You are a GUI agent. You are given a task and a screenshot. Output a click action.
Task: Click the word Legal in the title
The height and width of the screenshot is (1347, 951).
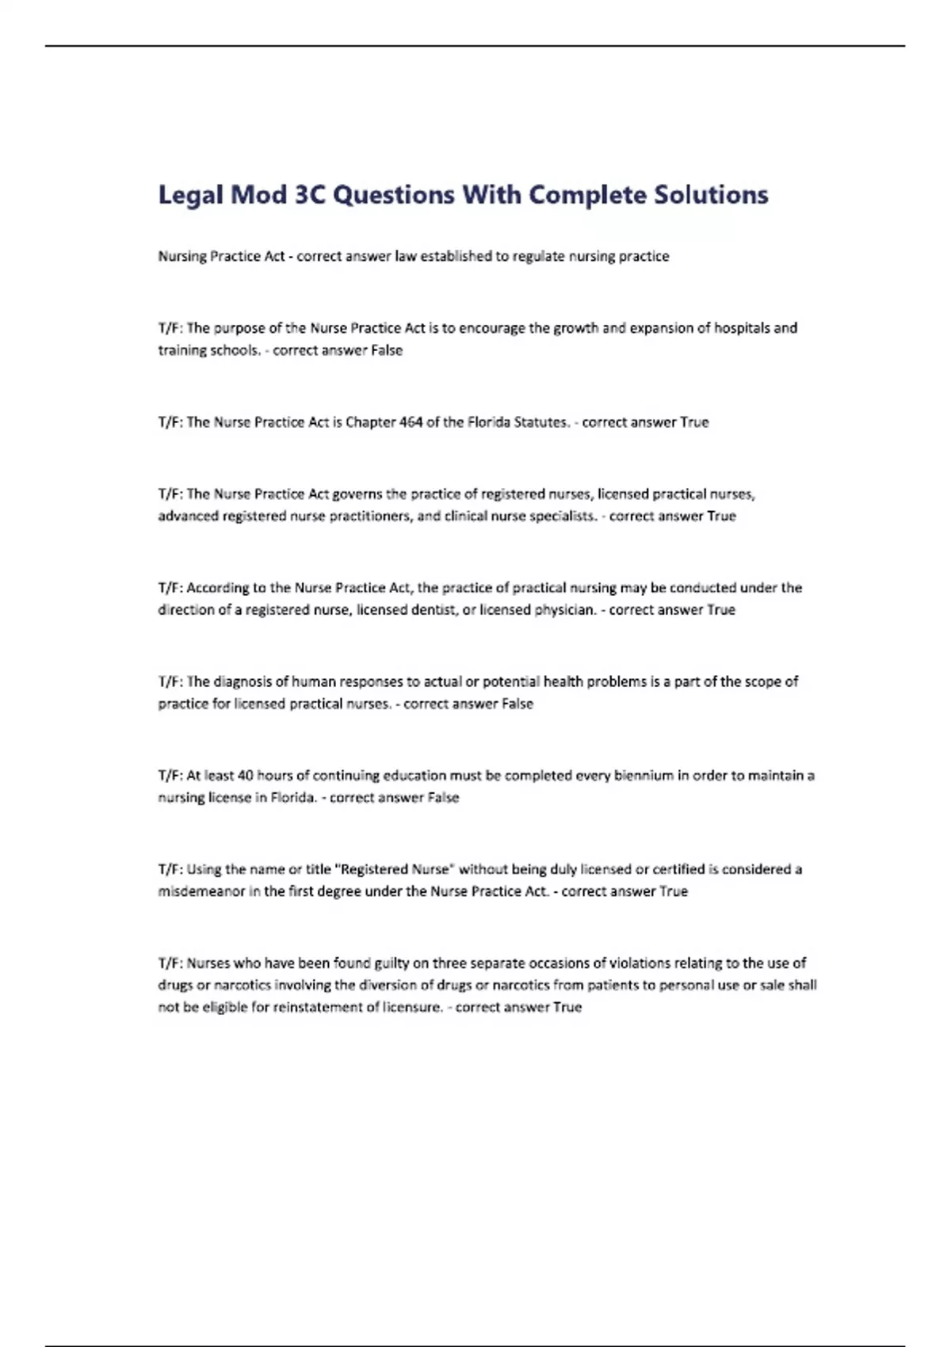click(x=190, y=195)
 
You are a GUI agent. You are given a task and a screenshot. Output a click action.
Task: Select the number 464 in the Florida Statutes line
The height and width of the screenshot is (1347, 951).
click(x=411, y=422)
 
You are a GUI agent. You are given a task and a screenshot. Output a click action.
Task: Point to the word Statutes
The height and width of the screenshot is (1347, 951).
click(x=541, y=422)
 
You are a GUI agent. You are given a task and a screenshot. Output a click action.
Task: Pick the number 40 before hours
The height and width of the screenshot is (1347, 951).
click(x=245, y=776)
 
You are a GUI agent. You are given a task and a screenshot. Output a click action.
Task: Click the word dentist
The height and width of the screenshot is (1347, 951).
click(x=432, y=610)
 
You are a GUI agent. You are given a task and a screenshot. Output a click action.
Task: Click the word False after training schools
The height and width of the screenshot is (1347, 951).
click(x=387, y=351)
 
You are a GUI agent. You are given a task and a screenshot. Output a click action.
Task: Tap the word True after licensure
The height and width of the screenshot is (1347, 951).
click(x=567, y=1008)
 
